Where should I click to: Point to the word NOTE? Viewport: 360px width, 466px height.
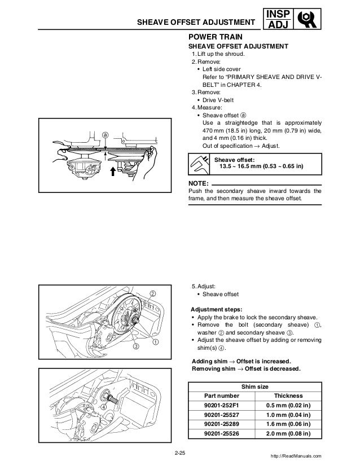198,183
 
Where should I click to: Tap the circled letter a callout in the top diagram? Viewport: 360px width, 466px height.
105,135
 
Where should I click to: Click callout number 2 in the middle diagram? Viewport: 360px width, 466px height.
152,292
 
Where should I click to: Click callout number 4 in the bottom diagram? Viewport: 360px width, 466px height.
104,407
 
